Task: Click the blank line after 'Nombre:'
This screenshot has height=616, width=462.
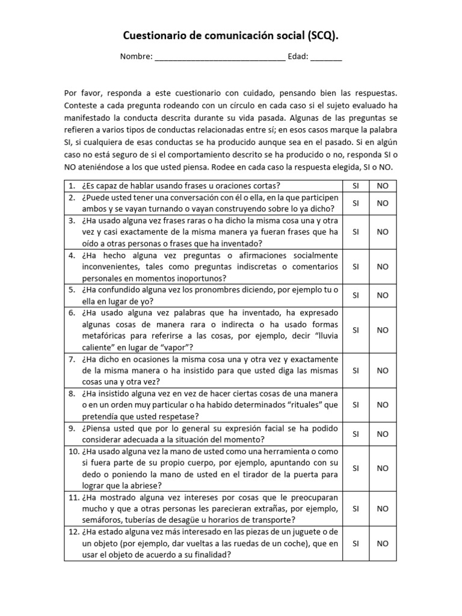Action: (x=220, y=58)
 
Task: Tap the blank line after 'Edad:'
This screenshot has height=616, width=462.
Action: (x=326, y=58)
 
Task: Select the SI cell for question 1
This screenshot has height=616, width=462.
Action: (x=355, y=185)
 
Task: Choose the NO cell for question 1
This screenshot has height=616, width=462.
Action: (x=383, y=185)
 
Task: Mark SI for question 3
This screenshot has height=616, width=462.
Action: (x=355, y=232)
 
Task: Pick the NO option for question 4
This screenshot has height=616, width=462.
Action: (x=383, y=266)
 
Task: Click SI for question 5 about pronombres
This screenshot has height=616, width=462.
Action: (x=355, y=295)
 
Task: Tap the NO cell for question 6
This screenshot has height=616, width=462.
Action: (x=383, y=330)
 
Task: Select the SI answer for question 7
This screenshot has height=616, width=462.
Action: (x=355, y=371)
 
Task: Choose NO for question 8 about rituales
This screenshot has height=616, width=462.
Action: (x=383, y=405)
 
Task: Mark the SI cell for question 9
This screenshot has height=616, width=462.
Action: (x=355, y=434)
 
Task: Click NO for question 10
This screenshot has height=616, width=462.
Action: (x=383, y=468)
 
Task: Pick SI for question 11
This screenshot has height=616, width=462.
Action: (x=355, y=509)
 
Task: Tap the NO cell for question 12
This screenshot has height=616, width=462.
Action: (x=383, y=543)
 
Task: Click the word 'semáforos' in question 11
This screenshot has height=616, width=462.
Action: (x=102, y=520)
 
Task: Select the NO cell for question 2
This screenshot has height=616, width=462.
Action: (x=383, y=203)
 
